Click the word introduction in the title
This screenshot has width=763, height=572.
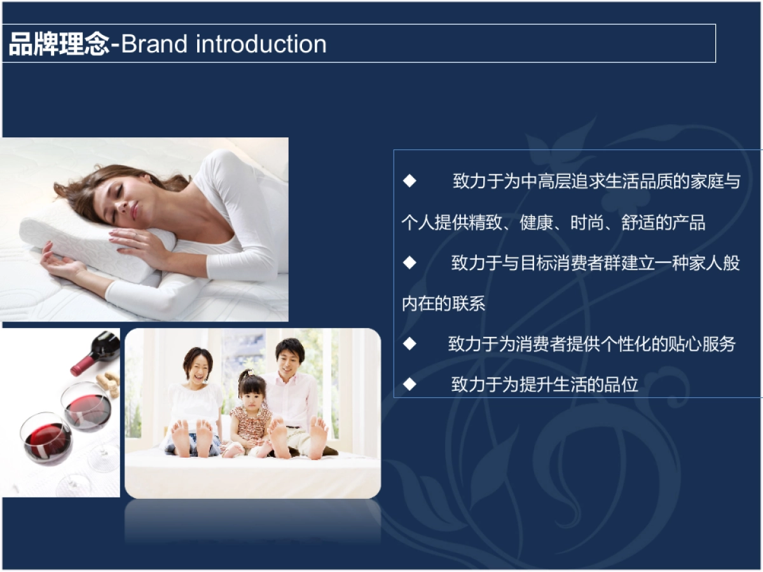point(261,44)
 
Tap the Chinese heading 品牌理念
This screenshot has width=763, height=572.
point(59,44)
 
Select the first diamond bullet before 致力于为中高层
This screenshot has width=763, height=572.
point(409,181)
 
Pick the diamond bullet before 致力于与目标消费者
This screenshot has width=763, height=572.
point(409,262)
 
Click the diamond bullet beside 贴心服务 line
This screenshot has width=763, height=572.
point(409,344)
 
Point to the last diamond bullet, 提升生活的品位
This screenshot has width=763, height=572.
point(409,384)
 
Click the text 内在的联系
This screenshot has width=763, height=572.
point(443,303)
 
